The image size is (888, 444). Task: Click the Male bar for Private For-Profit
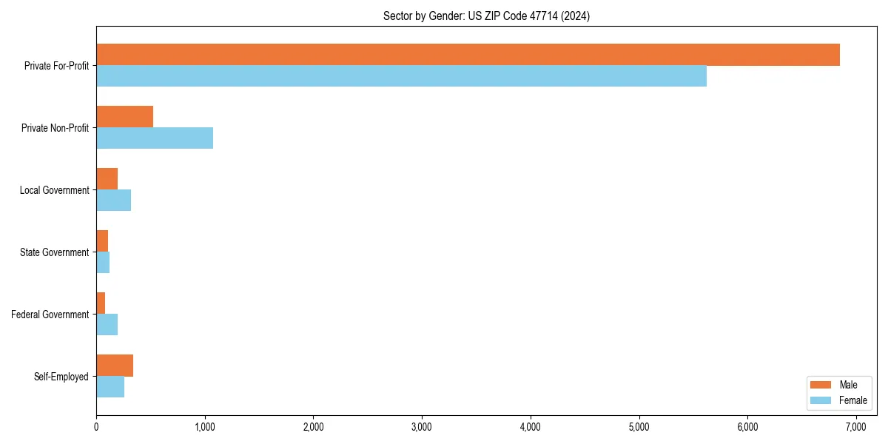coord(468,55)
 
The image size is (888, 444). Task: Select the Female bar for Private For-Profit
coord(401,76)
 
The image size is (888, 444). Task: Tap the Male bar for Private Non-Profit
coord(124,117)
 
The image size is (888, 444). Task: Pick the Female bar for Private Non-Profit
coord(155,138)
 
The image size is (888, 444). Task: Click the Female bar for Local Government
coord(113,201)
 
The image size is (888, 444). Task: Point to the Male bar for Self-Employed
coord(115,366)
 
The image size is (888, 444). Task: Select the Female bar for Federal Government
coord(107,325)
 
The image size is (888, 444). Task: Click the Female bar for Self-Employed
coord(110,387)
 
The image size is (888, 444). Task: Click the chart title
coord(486,16)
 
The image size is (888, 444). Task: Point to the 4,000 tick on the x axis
coord(531,427)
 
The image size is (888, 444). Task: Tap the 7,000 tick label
coord(856,427)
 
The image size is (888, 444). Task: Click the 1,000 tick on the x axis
coord(205,427)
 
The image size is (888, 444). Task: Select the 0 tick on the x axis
coord(96,427)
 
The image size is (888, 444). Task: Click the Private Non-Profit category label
coord(55,128)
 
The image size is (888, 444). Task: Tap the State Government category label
coord(54,252)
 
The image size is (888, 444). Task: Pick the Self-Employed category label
coord(61,377)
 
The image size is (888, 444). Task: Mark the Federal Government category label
coord(50,314)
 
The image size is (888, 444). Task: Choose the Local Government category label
coord(54,190)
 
